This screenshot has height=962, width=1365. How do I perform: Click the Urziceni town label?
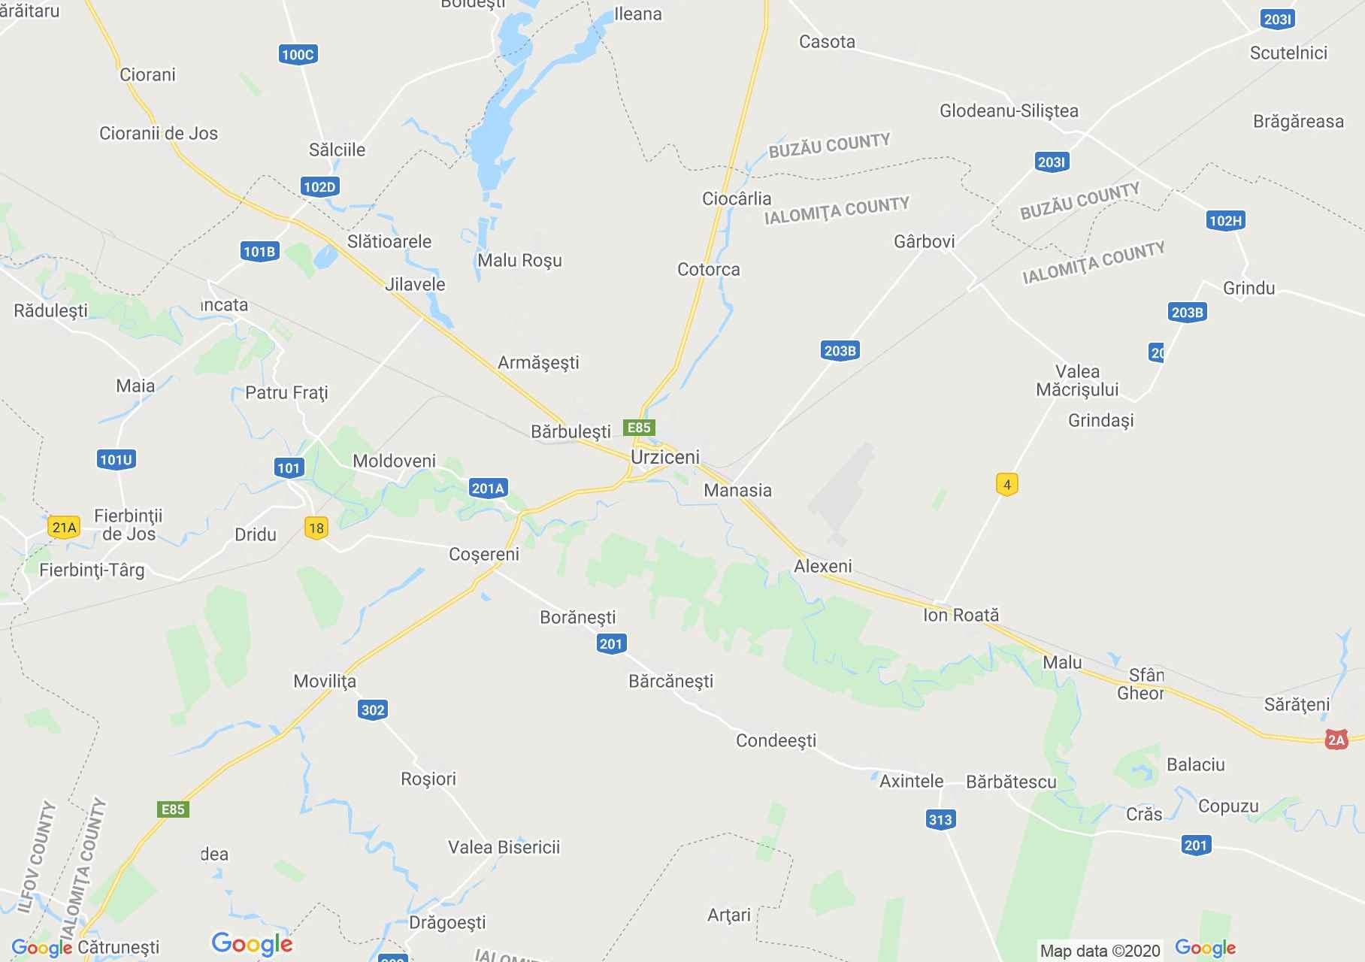pos(664,457)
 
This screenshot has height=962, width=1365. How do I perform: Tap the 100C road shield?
pos(297,54)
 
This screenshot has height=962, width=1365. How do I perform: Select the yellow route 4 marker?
pos(1007,484)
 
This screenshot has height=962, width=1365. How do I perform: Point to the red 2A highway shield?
pos(1336,740)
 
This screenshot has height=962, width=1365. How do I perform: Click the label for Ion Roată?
pos(961,615)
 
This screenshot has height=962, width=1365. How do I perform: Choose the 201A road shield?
pos(488,489)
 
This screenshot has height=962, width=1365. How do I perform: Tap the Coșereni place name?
pos(483,554)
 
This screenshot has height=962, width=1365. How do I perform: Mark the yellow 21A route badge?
pos(64,527)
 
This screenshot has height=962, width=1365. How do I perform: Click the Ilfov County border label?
pos(37,857)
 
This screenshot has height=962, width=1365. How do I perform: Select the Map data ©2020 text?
pos(1100,950)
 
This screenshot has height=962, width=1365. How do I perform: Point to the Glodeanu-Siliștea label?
pos(1009,111)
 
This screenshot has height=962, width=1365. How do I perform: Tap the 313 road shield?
pos(940,819)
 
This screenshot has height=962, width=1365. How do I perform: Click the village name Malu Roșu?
pos(519,260)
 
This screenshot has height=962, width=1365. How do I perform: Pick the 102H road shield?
pos(1225,220)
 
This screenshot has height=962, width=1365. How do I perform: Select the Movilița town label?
pos(325,681)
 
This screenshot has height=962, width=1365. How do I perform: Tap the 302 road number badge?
pos(373,709)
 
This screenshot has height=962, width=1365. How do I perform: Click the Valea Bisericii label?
pos(504,847)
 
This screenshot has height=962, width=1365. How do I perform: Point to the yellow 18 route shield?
pos(316,528)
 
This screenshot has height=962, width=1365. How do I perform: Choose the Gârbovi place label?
pos(924,241)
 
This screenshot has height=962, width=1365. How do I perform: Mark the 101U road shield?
pos(117,459)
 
